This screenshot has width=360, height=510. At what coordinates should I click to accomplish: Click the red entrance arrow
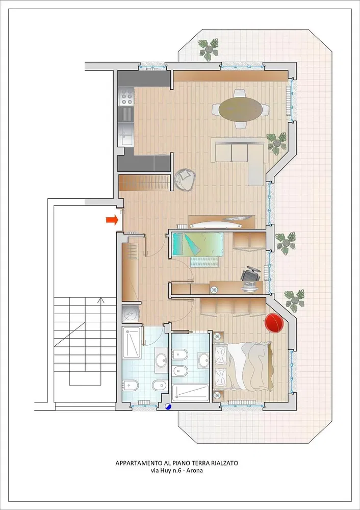(x=112, y=220)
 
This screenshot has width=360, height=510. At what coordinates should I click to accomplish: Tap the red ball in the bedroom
(x=274, y=323)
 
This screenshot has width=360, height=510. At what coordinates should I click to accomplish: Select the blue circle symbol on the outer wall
(x=168, y=406)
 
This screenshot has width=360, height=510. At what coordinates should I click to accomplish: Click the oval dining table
(x=240, y=109)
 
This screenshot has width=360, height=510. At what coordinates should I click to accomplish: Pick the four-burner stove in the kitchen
(x=126, y=96)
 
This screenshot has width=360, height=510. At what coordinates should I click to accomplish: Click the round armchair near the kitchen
(x=185, y=180)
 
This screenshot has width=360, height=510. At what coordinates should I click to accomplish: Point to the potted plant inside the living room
(x=277, y=142)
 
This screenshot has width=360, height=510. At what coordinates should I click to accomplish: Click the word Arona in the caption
(x=194, y=471)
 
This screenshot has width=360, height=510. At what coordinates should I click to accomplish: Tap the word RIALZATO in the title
(x=224, y=463)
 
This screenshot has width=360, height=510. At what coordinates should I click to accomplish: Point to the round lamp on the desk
(x=214, y=290)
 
